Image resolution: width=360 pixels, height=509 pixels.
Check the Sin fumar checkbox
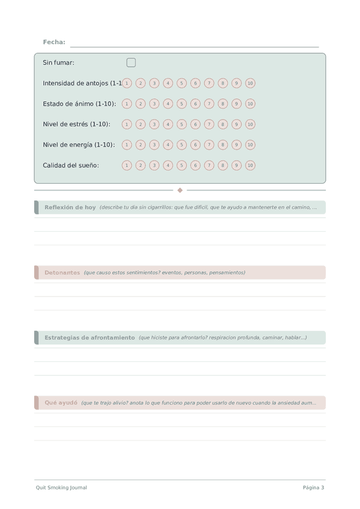(x=131, y=62)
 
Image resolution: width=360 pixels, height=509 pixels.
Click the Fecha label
(x=54, y=42)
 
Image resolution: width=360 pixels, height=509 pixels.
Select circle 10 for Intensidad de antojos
(x=250, y=83)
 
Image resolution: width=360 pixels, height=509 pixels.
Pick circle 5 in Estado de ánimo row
(x=182, y=104)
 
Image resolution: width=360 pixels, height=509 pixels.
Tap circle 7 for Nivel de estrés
(x=209, y=124)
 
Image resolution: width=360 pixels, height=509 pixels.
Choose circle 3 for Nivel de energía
(x=154, y=145)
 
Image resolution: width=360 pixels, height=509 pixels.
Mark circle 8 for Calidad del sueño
(x=223, y=165)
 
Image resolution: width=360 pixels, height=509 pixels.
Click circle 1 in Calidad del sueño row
(x=127, y=165)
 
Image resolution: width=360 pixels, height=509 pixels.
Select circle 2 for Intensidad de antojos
(x=140, y=83)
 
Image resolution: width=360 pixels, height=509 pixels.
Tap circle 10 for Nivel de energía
(x=250, y=145)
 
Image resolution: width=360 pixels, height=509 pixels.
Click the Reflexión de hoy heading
(x=70, y=207)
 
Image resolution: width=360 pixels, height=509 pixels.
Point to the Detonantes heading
(x=62, y=273)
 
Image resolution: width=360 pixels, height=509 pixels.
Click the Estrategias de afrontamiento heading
(x=89, y=337)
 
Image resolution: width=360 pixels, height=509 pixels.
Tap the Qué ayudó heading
(x=61, y=403)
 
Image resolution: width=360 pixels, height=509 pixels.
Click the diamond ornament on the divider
(x=180, y=190)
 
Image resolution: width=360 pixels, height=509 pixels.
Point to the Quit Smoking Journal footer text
(x=61, y=487)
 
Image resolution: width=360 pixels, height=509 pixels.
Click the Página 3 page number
(x=313, y=487)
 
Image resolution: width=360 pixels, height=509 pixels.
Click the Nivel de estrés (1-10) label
(x=76, y=124)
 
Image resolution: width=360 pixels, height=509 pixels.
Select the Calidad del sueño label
(x=71, y=165)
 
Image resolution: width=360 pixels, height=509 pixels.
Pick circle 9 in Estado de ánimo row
(x=236, y=104)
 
